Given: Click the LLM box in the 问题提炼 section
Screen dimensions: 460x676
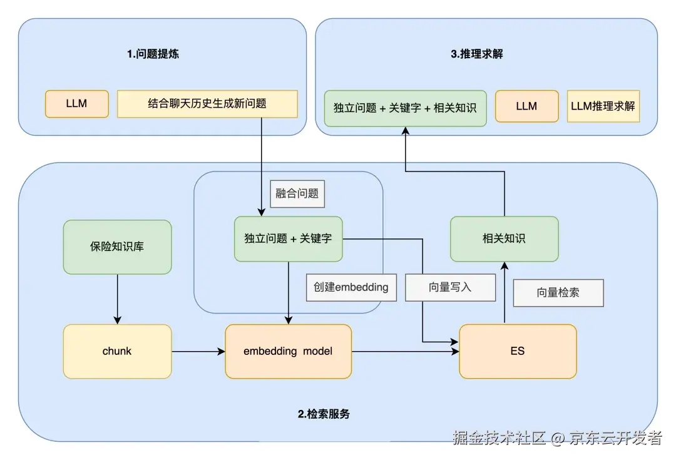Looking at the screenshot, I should click(x=77, y=104).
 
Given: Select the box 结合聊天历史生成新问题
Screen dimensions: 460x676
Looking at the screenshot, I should click(x=207, y=104).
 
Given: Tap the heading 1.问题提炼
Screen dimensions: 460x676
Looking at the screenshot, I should click(x=153, y=54).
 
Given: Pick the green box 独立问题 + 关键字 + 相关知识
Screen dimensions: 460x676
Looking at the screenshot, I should click(x=405, y=108).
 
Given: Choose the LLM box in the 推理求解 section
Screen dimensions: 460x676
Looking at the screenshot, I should click(x=526, y=106).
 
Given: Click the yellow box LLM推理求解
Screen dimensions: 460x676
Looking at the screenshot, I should click(x=603, y=106).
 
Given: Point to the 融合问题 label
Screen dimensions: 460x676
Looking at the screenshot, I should click(x=297, y=193).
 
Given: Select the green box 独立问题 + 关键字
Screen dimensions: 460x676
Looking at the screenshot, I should click(x=288, y=238).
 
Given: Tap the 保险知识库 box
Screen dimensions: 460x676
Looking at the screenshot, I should click(x=117, y=247).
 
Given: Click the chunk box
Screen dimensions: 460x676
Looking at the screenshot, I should click(x=117, y=351).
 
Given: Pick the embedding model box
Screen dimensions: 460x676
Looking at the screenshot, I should click(x=288, y=351).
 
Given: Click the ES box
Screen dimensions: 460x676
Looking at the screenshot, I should click(x=517, y=351).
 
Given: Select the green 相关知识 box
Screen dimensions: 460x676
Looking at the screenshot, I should click(x=504, y=238).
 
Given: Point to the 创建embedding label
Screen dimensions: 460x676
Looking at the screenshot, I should click(x=351, y=287).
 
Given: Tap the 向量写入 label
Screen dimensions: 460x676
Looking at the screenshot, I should click(x=450, y=287).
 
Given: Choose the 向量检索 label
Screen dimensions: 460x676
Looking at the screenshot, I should click(x=558, y=292).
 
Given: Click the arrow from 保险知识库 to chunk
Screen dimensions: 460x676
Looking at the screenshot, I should click(x=117, y=299).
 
